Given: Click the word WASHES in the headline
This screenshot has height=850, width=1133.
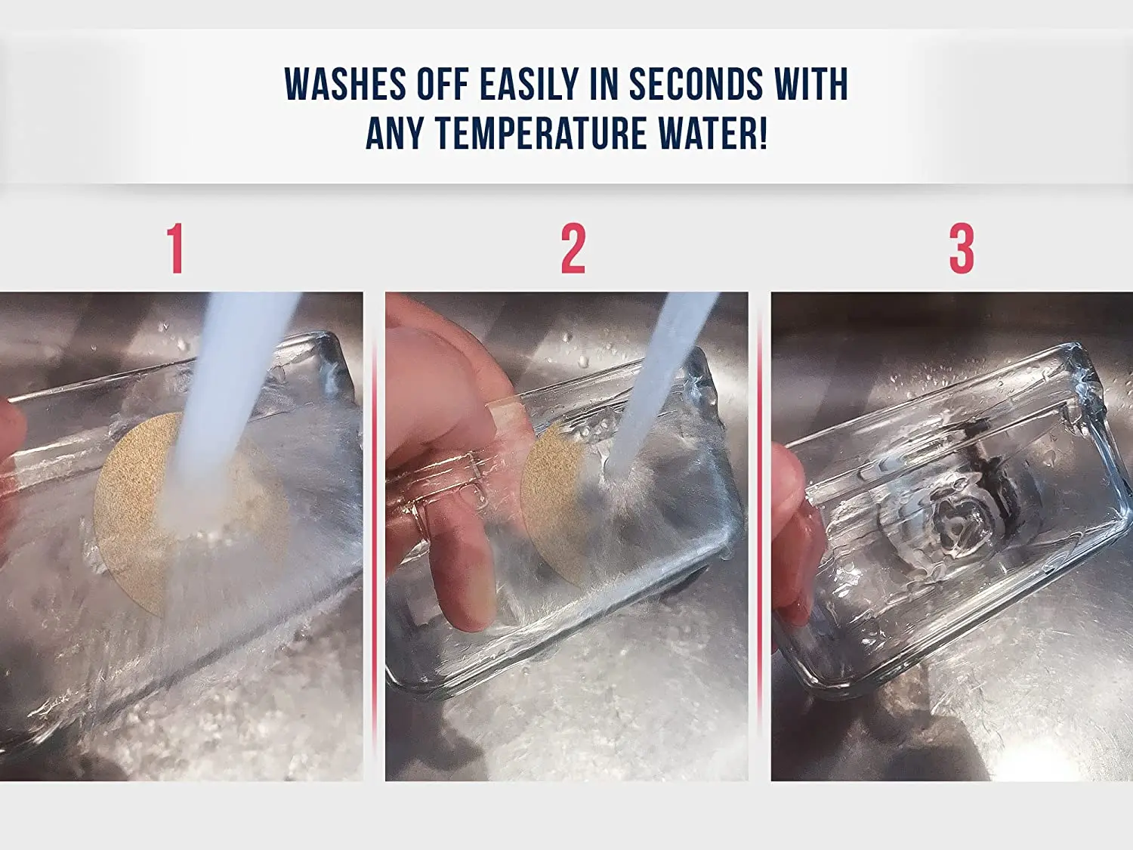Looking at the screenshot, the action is point(345,83).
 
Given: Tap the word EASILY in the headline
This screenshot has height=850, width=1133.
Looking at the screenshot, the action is point(528,83).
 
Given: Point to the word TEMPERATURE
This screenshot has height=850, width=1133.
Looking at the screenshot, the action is point(542,133).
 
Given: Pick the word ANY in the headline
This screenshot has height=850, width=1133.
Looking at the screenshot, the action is point(394,133).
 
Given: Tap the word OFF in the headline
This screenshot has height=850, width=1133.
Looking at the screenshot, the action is point(443,83).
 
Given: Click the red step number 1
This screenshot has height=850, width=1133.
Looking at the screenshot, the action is point(175,249).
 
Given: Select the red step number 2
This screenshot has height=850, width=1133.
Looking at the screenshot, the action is point(573,249).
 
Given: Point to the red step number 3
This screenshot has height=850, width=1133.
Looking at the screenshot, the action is point(962,249).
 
